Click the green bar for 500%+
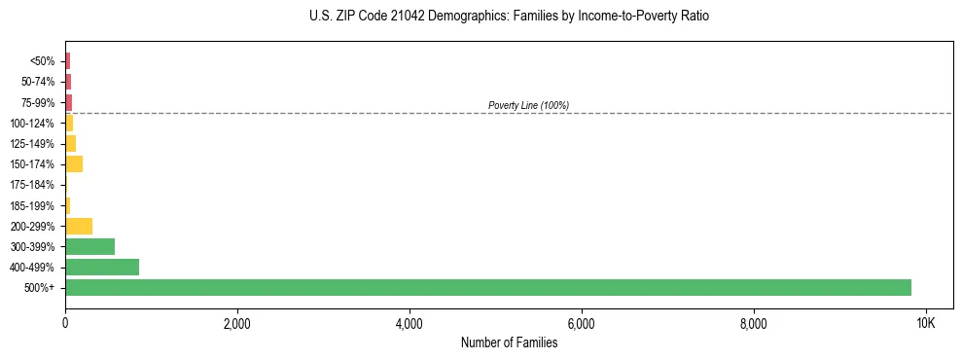point(486,287)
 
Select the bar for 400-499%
point(102,267)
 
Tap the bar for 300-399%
point(89,246)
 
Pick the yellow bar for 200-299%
point(79,226)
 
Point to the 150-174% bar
point(74,163)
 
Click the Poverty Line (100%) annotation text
point(528,105)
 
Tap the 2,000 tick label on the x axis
point(237,323)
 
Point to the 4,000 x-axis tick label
point(410,323)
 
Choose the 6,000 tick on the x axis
point(581,323)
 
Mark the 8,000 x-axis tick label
point(753,323)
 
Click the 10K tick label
point(925,323)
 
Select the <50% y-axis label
point(43,61)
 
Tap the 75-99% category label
point(38,102)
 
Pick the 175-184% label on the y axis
point(33,185)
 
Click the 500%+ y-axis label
point(40,288)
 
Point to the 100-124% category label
point(33,123)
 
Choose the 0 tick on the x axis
point(65,323)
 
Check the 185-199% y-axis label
point(33,205)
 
